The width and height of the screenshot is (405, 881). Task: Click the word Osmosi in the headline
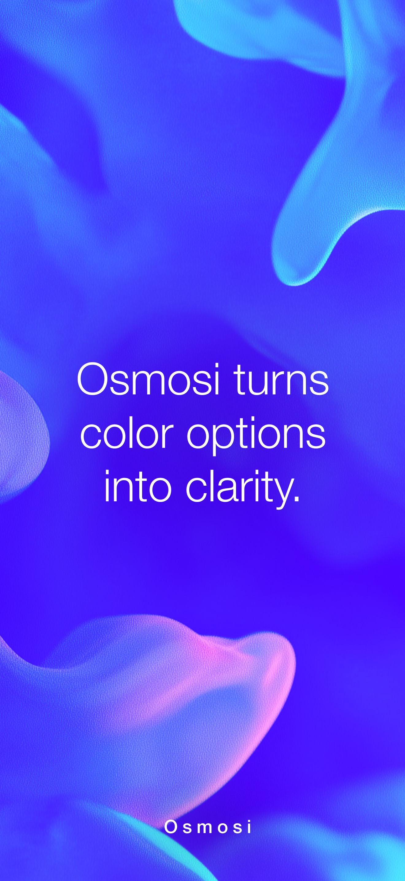click(148, 380)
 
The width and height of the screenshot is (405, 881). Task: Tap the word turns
click(281, 380)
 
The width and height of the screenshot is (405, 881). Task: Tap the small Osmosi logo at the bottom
click(208, 827)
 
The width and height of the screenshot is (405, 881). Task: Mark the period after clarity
click(297, 499)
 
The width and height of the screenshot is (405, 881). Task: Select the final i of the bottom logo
click(250, 827)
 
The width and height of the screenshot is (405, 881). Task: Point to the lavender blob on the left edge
click(21, 434)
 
